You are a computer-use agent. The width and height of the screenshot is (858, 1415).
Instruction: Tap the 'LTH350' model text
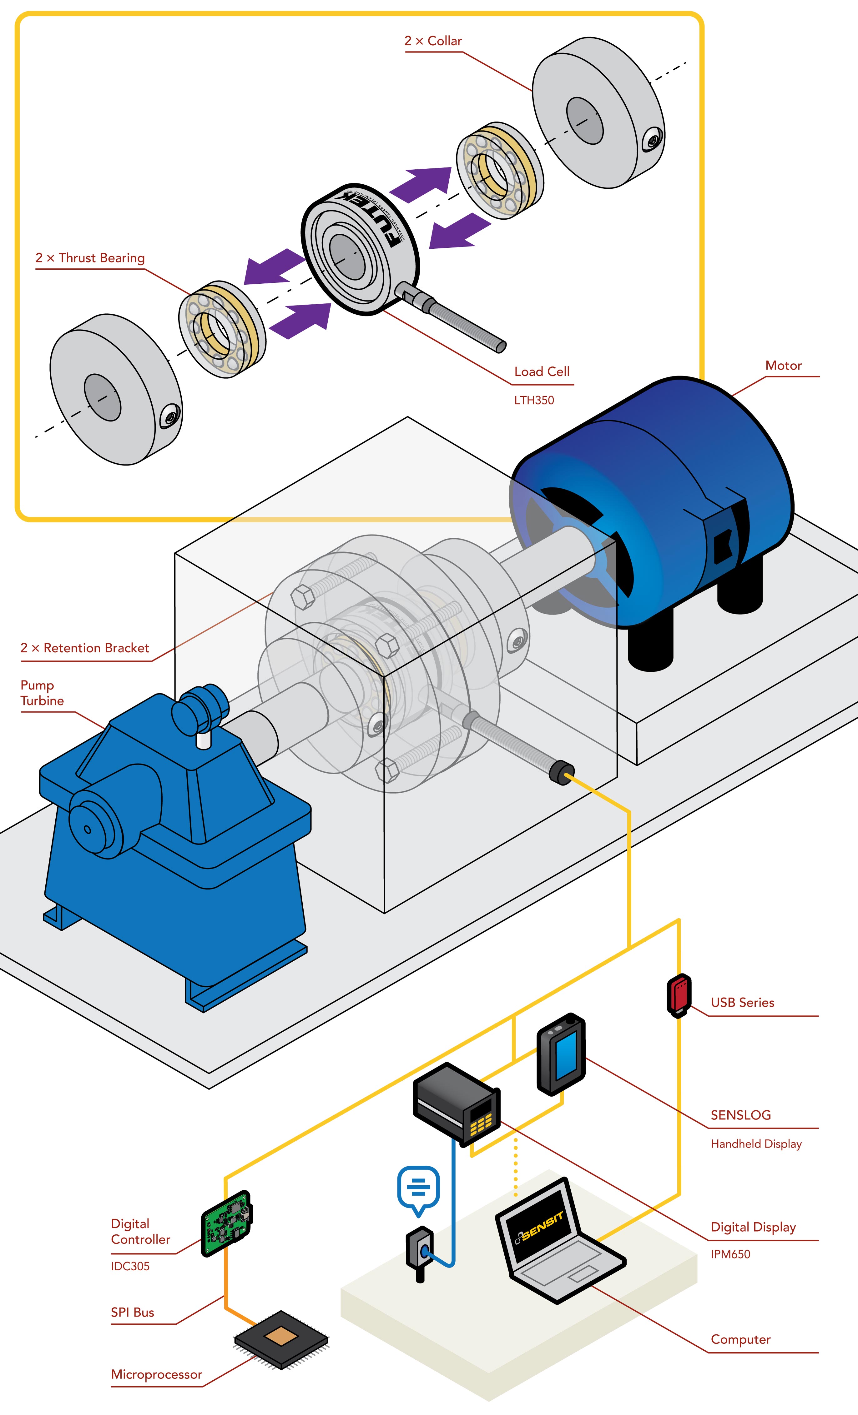click(x=534, y=400)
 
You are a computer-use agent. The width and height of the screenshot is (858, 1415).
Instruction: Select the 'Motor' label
click(x=783, y=365)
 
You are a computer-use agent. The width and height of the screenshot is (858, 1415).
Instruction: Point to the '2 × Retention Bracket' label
click(x=84, y=648)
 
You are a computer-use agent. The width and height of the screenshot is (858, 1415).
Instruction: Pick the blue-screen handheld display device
click(x=561, y=1054)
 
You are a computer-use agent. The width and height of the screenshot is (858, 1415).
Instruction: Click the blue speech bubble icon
click(x=418, y=1187)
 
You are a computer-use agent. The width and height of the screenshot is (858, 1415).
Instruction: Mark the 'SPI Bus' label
click(x=132, y=1312)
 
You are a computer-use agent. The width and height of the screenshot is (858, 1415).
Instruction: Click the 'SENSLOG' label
click(x=740, y=1115)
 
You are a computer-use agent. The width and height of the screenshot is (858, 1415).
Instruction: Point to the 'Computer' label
click(x=740, y=1339)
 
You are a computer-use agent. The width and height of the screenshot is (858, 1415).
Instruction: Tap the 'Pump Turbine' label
click(x=42, y=693)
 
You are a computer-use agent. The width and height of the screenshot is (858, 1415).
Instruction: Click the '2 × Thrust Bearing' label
click(x=90, y=258)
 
